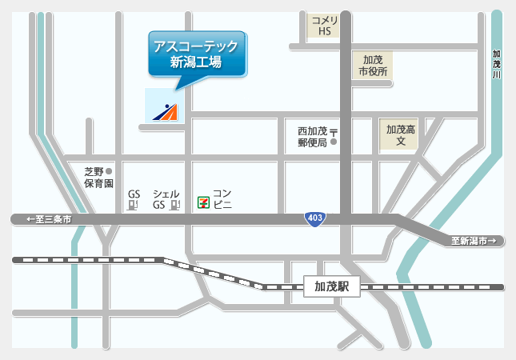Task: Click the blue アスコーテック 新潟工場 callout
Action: click(197, 54)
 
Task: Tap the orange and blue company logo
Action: click(165, 106)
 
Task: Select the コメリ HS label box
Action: click(324, 26)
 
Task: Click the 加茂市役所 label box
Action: click(372, 66)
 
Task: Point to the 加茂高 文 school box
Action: click(401, 134)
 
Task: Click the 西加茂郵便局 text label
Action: click(312, 137)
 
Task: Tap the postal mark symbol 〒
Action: click(334, 131)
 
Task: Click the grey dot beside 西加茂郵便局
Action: click(334, 143)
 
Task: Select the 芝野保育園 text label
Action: click(94, 178)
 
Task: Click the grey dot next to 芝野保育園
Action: click(110, 171)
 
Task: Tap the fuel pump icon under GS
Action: click(133, 205)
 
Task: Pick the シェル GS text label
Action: click(164, 198)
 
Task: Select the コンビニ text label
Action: click(222, 199)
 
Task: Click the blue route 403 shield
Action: click(315, 218)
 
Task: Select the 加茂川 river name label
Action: click(496, 64)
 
